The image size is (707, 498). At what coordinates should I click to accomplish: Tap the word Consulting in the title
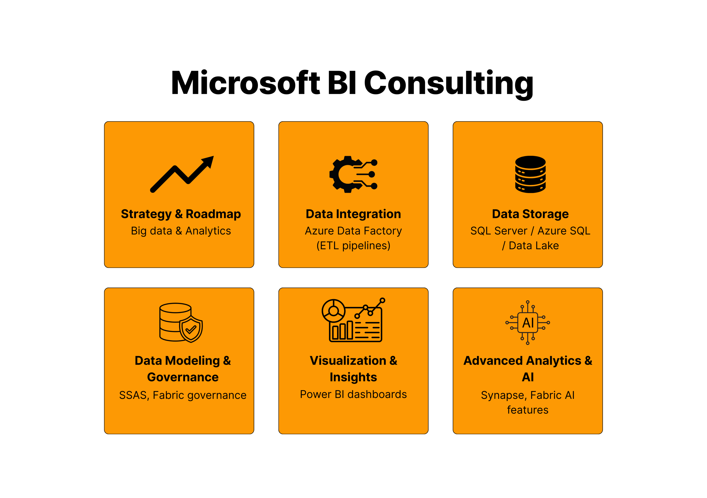(449, 84)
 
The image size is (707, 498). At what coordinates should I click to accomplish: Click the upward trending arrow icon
(182, 174)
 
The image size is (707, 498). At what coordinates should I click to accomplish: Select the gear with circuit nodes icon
(353, 174)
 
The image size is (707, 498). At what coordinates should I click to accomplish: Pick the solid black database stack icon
(530, 174)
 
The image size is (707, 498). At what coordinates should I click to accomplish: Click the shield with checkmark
(191, 329)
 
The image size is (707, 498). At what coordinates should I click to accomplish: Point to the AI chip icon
(528, 322)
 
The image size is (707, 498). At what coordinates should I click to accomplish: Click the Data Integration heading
(353, 214)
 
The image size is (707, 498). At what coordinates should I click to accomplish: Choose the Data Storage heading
(530, 214)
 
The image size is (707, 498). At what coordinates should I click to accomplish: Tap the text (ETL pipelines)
(353, 246)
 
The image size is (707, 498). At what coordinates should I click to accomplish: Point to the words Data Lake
(534, 246)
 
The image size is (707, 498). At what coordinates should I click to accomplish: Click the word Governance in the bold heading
(183, 377)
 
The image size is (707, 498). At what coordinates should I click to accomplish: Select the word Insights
(353, 377)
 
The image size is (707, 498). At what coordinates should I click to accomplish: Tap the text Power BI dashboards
(353, 394)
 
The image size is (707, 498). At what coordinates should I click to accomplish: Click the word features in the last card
(528, 410)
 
